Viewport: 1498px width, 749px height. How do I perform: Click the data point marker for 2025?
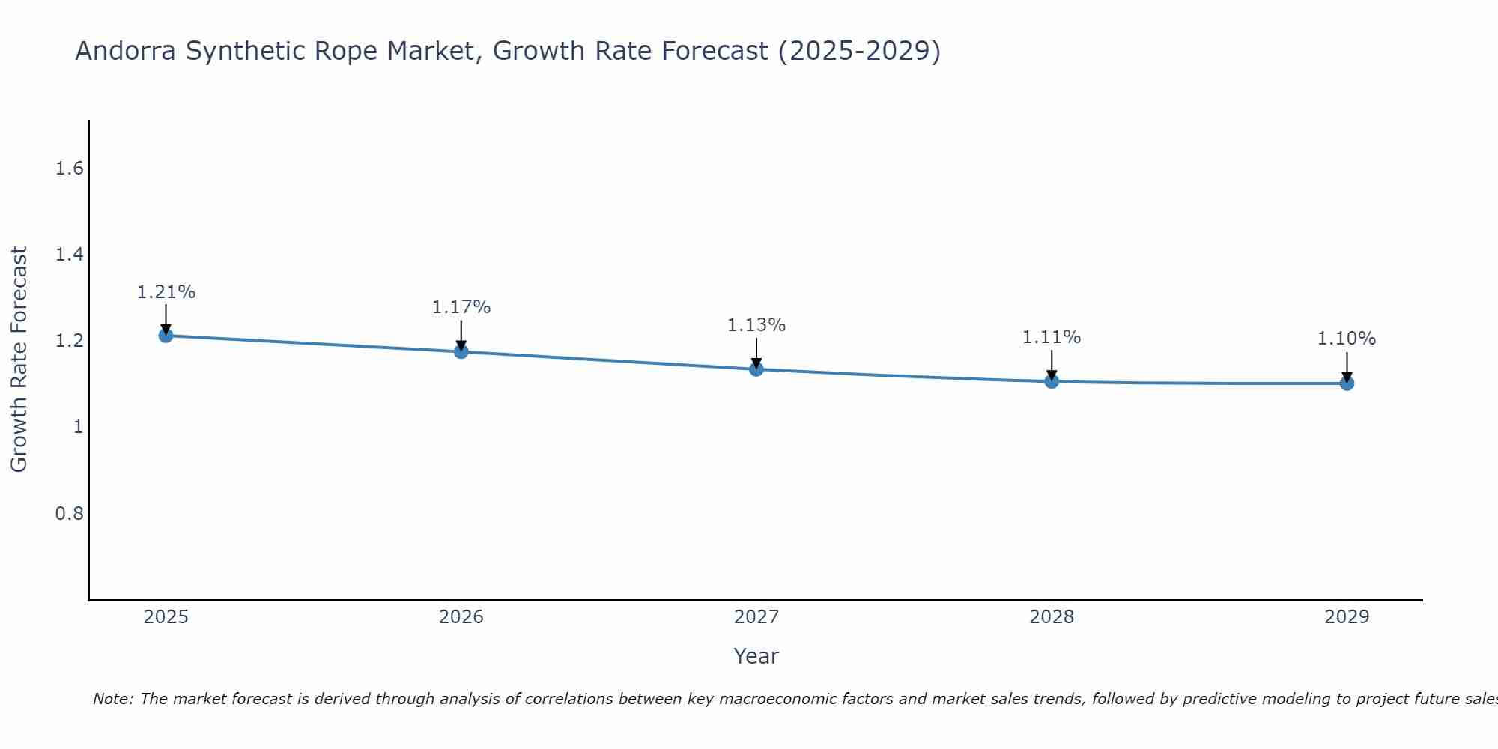[x=166, y=335]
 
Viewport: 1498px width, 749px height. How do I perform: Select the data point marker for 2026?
[x=461, y=351]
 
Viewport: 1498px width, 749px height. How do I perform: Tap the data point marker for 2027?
[x=756, y=369]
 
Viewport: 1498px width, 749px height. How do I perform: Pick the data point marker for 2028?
[x=1052, y=381]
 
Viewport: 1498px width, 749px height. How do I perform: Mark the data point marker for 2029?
[x=1347, y=383]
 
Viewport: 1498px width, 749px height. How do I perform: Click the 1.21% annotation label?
[x=166, y=292]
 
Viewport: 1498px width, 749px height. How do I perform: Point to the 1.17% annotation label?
[x=461, y=307]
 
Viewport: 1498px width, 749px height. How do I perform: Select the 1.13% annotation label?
[x=756, y=325]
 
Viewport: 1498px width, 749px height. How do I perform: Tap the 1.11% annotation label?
[x=1052, y=337]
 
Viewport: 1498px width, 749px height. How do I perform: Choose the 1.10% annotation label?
[x=1347, y=339]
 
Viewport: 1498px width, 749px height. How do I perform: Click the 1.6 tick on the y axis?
[x=70, y=169]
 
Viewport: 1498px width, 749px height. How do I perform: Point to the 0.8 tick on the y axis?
[x=70, y=514]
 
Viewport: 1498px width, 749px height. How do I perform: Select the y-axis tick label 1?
[x=78, y=427]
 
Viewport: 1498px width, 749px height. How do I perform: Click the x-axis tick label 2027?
[x=756, y=617]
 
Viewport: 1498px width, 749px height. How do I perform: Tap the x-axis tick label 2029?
[x=1347, y=617]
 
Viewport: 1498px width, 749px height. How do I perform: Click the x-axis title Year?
[x=756, y=656]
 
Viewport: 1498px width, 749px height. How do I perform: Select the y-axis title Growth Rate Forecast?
[x=19, y=360]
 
